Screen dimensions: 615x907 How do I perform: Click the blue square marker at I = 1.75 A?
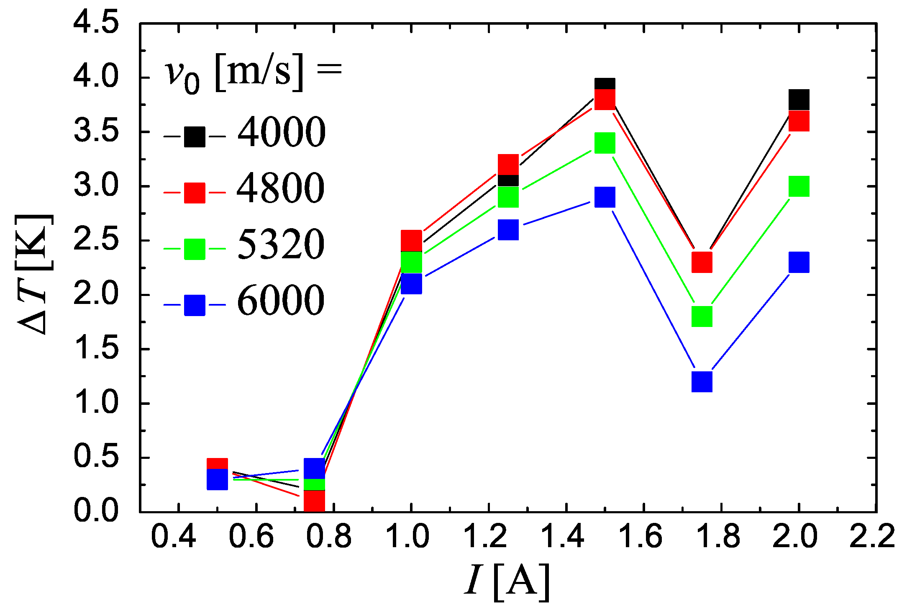pos(702,381)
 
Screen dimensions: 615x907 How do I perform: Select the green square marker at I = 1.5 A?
pos(605,143)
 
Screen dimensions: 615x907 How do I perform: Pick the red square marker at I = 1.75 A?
pos(702,262)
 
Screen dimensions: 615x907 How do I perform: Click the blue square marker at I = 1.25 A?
pos(508,229)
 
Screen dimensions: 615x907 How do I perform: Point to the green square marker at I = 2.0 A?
pos(799,186)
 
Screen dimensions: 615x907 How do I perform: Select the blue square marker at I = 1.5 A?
pos(605,197)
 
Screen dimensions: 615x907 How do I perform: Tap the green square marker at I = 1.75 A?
pos(702,316)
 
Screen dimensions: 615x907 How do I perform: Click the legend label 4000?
pos(281,132)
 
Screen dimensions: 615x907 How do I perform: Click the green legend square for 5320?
pos(195,249)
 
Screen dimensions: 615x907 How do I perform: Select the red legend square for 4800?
pos(195,193)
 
